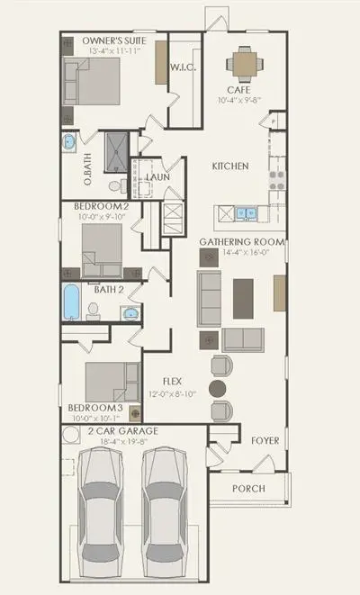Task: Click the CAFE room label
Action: (x=238, y=90)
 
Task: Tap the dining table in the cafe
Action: (x=245, y=64)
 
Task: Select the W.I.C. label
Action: (x=183, y=68)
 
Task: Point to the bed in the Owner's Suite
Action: (x=92, y=81)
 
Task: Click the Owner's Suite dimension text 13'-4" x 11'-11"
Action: (x=115, y=50)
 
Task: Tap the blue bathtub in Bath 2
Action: (x=71, y=302)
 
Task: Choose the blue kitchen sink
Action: (x=246, y=213)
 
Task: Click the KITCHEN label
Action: (x=230, y=167)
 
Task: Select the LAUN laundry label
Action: (x=157, y=177)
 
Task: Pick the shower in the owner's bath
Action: (x=116, y=152)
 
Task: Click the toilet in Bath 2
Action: (x=93, y=311)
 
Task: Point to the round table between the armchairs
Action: (x=218, y=389)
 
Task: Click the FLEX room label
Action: (x=172, y=382)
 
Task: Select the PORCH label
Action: (x=248, y=489)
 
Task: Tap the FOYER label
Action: (x=265, y=440)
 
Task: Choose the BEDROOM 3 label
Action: (x=95, y=408)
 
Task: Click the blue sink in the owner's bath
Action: (x=69, y=142)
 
